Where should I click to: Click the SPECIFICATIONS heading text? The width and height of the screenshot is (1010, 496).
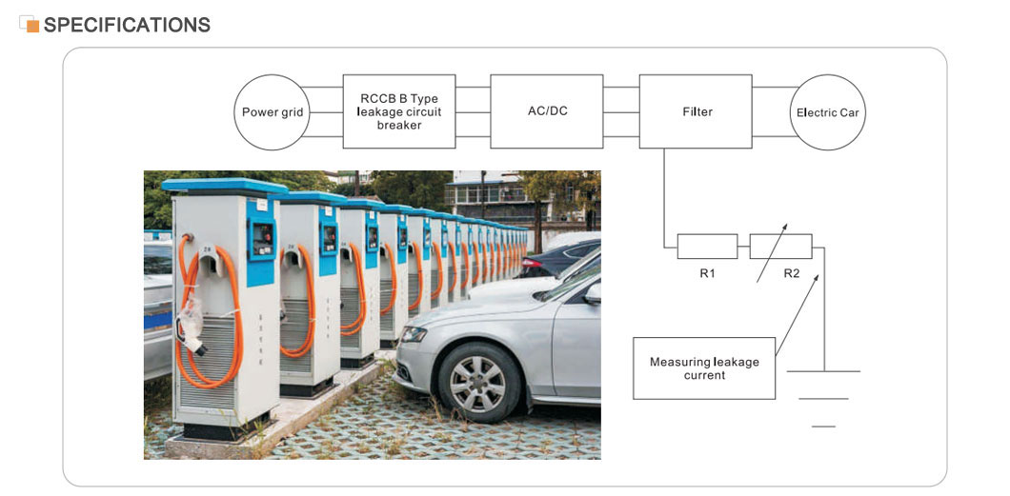[127, 25]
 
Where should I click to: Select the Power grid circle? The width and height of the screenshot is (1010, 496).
[273, 112]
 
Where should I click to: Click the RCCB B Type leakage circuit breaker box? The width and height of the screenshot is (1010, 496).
[398, 110]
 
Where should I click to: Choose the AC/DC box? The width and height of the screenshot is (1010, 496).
[547, 110]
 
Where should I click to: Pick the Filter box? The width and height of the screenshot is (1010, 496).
[697, 110]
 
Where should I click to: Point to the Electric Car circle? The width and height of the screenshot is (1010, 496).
[827, 112]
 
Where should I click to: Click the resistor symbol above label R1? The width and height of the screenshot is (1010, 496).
[707, 247]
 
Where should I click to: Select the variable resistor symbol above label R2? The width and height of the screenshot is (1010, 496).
[780, 247]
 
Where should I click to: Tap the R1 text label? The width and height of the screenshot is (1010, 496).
[707, 273]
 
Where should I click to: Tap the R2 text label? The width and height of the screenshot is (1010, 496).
[792, 273]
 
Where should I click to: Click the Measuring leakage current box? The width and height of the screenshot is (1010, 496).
[704, 368]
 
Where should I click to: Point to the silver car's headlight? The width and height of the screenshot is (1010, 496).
[415, 335]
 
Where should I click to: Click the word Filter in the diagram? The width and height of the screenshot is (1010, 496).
[697, 111]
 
